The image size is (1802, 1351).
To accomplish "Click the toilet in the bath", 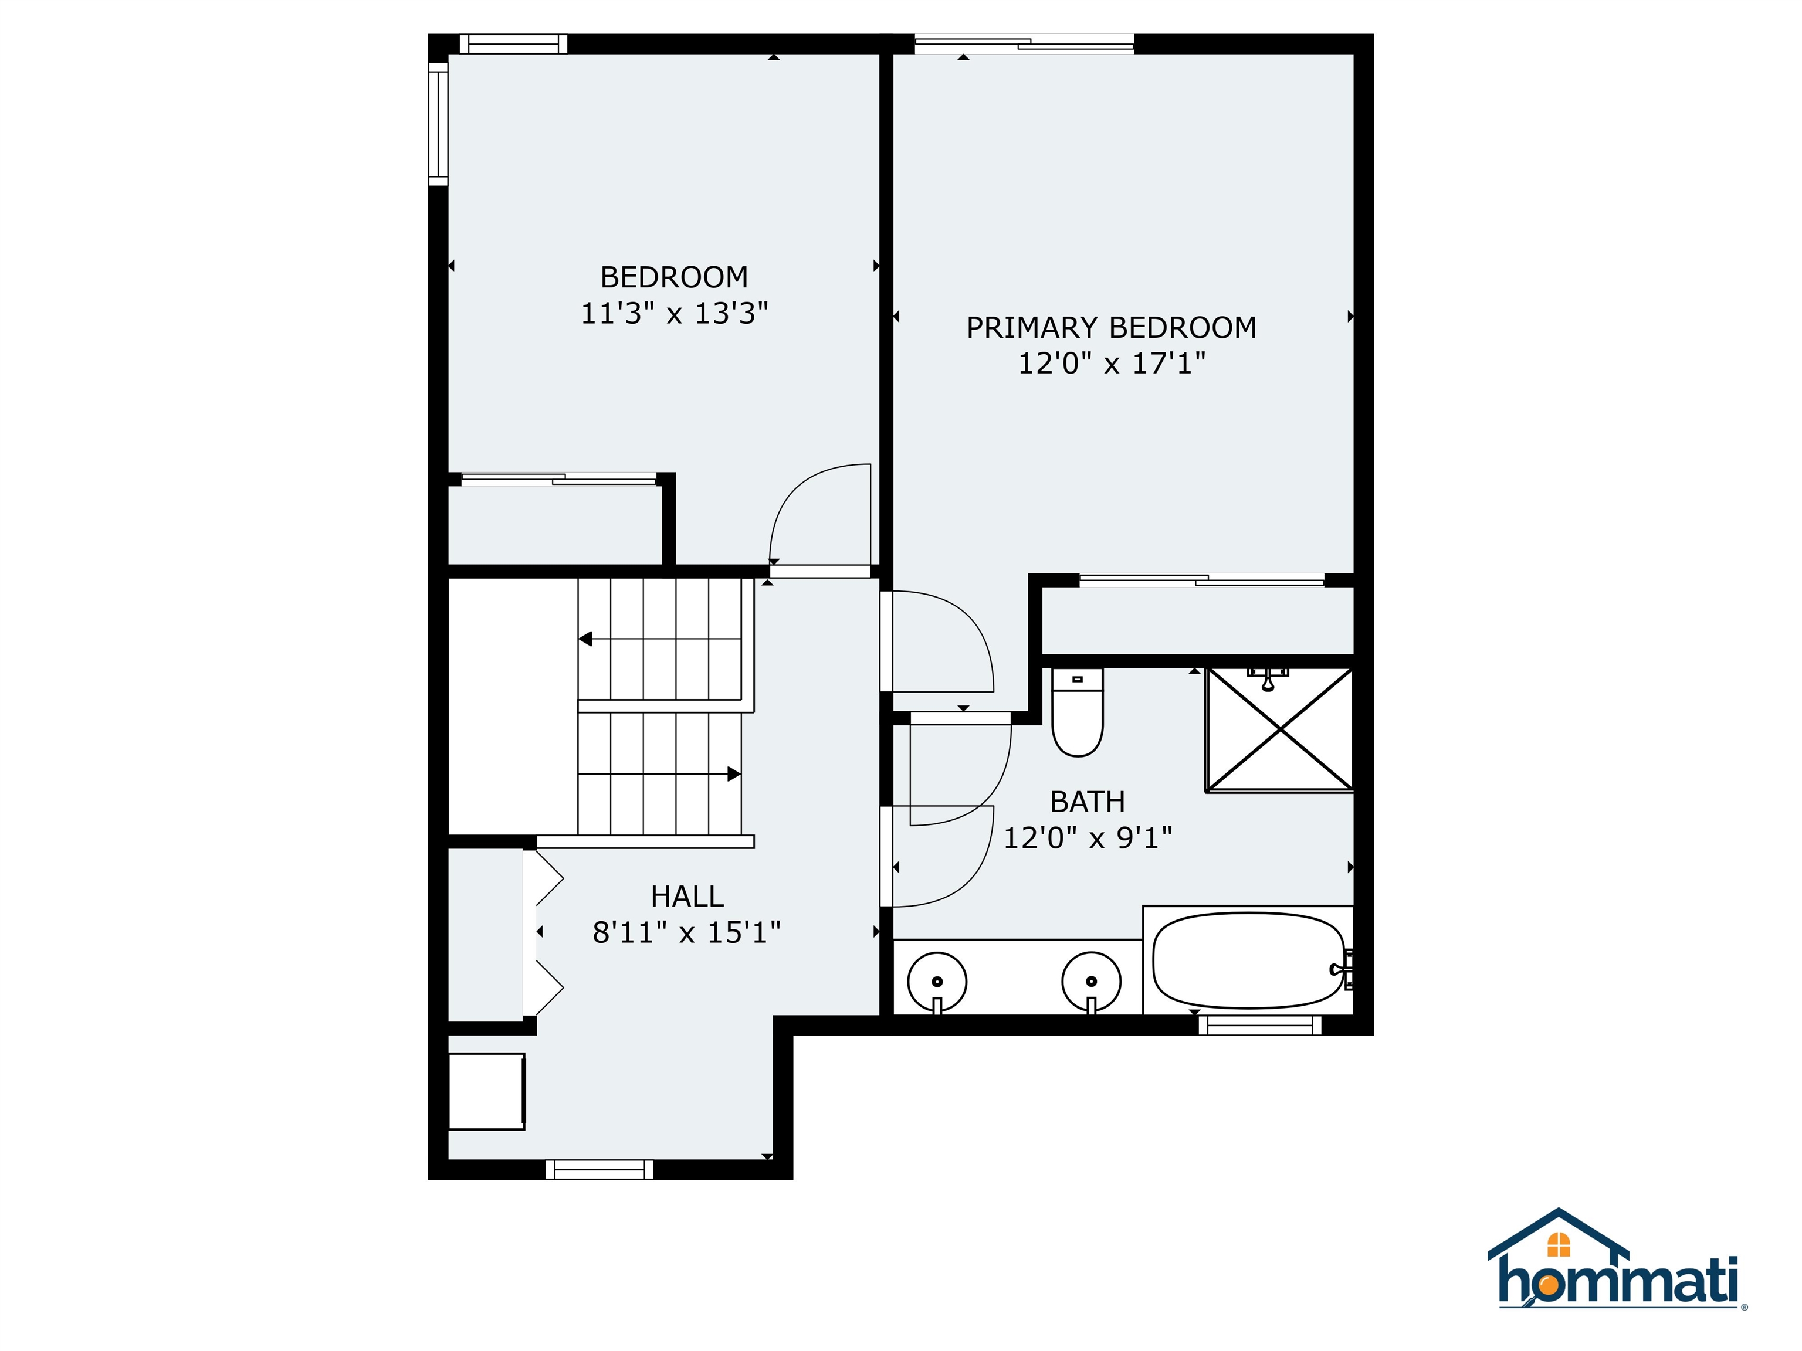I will click(1077, 714).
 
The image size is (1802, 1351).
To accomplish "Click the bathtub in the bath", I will click(1248, 960).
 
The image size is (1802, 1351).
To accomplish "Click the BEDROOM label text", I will click(674, 278).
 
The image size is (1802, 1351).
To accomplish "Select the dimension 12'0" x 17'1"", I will click(1111, 363).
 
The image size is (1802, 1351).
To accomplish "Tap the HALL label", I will click(687, 897).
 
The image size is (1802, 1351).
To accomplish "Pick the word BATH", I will click(1087, 802).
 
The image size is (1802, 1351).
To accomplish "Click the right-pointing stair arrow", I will click(733, 773).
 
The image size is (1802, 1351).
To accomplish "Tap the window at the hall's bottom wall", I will click(599, 1169).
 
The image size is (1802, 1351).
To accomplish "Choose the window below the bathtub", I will click(1259, 1024).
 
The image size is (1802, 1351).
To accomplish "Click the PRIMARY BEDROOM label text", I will click(1111, 327).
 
